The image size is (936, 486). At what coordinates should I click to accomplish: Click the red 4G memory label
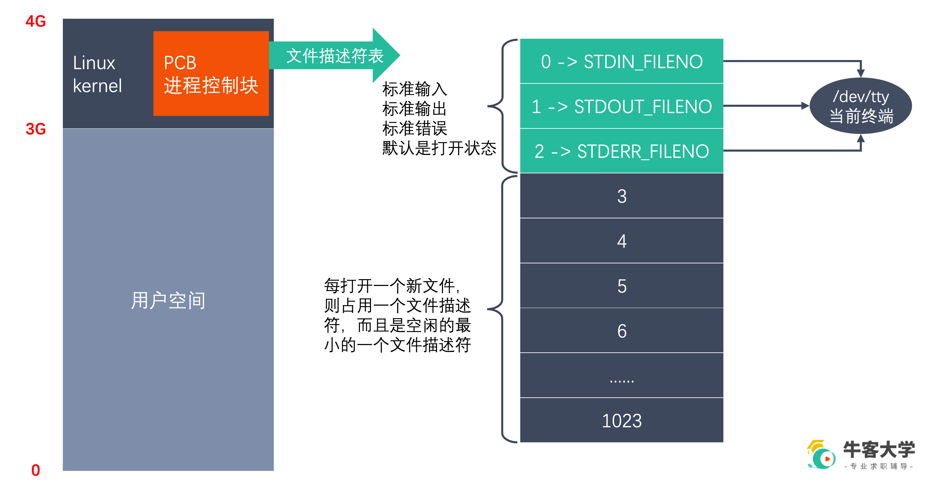[36, 21]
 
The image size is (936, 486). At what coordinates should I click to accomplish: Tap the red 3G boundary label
[36, 129]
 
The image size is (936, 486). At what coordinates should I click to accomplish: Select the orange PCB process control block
[211, 73]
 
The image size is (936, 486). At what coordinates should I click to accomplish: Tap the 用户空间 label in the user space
[168, 300]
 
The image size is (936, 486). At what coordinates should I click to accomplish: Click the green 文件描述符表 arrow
[334, 56]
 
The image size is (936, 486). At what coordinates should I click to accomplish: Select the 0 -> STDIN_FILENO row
[621, 61]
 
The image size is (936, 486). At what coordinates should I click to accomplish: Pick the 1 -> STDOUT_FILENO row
[621, 106]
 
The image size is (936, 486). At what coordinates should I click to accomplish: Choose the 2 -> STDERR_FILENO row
[621, 151]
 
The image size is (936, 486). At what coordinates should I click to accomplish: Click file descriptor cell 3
[621, 196]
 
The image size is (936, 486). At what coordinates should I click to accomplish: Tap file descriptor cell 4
[621, 241]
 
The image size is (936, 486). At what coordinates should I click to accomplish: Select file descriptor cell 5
[621, 286]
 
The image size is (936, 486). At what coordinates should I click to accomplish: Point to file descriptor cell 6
[621, 330]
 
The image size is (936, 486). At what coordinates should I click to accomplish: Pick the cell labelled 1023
[621, 420]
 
